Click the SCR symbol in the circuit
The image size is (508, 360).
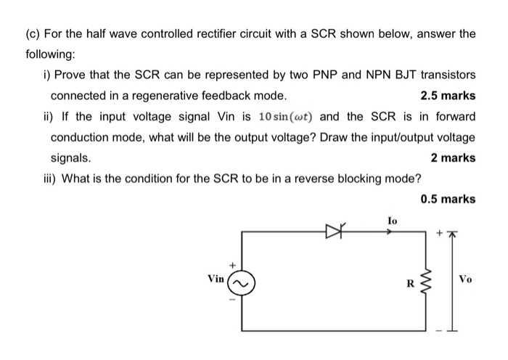(x=335, y=232)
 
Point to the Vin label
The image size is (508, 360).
(x=216, y=278)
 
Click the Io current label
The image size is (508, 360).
(x=392, y=218)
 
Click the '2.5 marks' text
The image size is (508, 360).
(x=448, y=96)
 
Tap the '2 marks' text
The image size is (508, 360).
(x=454, y=158)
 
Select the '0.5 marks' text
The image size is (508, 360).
(x=448, y=199)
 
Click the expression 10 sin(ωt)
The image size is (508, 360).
(x=287, y=117)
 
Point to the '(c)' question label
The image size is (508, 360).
(x=33, y=33)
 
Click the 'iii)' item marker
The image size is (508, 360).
(x=51, y=179)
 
